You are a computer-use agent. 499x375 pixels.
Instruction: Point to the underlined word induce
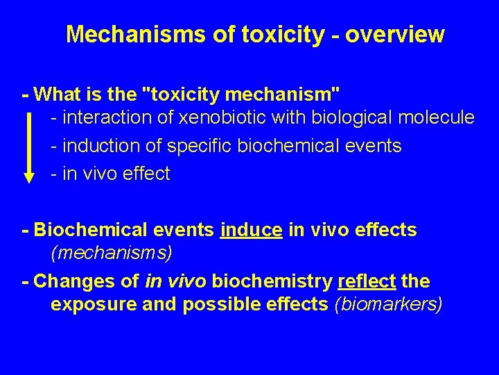pyautogui.click(x=251, y=230)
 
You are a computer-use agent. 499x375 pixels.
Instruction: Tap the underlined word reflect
pyautogui.click(x=367, y=281)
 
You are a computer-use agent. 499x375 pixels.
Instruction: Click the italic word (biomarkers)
pyautogui.click(x=388, y=304)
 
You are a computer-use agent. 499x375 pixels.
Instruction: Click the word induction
pyautogui.click(x=96, y=146)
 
